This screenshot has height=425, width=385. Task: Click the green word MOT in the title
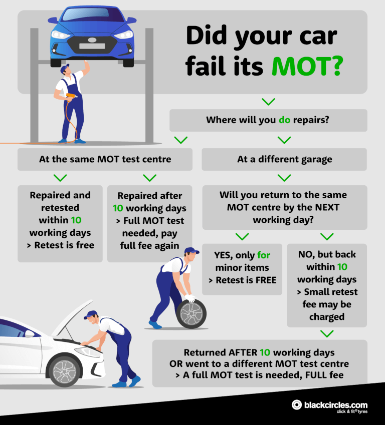point(306,66)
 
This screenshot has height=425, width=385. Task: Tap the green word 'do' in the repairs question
point(285,120)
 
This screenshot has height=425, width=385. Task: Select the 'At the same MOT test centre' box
point(105,160)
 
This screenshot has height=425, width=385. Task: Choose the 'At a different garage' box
point(284,160)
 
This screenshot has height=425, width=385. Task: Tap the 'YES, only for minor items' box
point(242,268)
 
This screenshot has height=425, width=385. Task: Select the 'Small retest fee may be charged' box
point(327,285)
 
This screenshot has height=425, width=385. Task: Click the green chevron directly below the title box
point(269,102)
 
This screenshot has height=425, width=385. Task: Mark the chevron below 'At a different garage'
point(284,178)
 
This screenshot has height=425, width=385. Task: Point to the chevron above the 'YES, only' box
point(242,236)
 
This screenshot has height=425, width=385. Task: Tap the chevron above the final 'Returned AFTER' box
point(327,333)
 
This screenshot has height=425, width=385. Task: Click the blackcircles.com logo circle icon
point(297,405)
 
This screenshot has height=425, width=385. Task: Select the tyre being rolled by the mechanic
point(191,313)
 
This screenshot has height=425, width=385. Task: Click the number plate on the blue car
point(91,46)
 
